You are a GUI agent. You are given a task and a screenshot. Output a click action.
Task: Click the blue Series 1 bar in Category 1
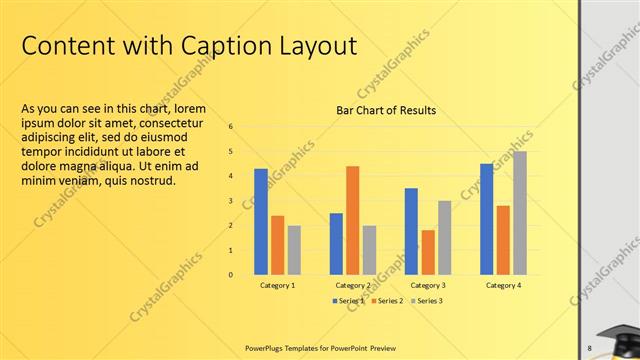coord(261,221)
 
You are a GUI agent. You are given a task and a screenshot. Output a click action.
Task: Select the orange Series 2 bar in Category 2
coord(353,220)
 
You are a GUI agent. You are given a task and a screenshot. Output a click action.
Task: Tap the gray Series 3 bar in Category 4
coord(520,213)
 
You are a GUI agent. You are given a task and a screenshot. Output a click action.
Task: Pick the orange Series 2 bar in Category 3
coord(428,252)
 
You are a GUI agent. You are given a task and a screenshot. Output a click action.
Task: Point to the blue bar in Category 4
coord(486,219)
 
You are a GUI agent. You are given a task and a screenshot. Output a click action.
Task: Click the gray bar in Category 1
coord(294,250)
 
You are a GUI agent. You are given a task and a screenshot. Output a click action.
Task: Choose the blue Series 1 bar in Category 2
coord(336,243)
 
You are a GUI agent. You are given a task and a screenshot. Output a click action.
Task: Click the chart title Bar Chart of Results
coord(386,110)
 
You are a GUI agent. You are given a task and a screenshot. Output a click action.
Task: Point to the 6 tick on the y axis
coord(231,127)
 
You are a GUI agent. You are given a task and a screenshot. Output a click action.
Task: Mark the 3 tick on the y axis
coord(231,201)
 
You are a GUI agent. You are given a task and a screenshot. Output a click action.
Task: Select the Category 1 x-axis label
coord(278,286)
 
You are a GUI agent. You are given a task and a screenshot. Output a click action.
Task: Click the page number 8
coord(589,347)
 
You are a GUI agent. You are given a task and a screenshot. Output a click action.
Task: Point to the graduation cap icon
coord(617,339)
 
